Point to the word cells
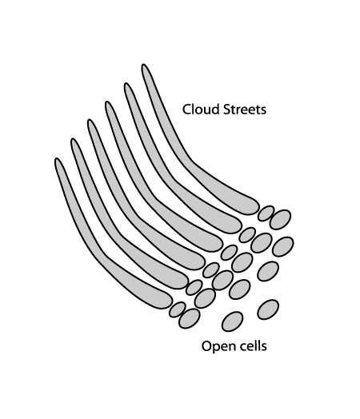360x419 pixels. pos(251,345)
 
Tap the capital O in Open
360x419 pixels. pos(207,346)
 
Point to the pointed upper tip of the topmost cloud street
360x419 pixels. pos(143,65)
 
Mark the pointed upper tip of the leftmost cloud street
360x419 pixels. pos(57,159)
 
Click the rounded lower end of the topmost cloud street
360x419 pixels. pos(254,207)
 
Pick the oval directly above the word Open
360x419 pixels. pos(232,321)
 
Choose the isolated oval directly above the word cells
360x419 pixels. pos(268,309)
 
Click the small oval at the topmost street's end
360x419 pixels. pos(266,213)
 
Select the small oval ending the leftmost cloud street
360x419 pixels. pos(177,309)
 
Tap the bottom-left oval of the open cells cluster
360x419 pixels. pos(190,318)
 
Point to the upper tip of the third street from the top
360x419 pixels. pos(108,102)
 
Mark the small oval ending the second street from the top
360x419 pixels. pos(247,235)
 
